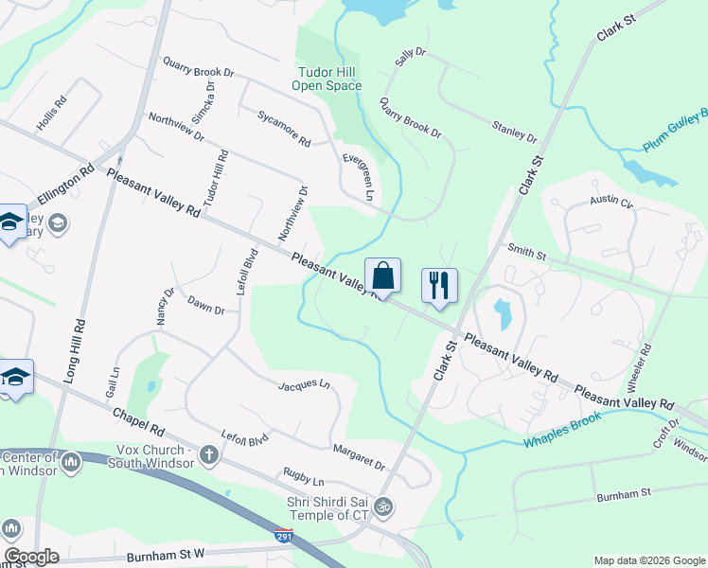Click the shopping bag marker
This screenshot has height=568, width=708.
coord(382,276)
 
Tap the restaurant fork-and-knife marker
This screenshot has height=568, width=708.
coord(438,285)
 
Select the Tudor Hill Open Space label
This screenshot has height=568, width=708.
coord(329,79)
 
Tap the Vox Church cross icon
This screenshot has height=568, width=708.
coord(208,456)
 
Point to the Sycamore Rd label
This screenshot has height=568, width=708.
coord(284,129)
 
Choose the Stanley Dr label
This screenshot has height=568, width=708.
coord(514,130)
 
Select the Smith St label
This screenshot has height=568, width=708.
coord(527,253)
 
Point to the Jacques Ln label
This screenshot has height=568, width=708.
coord(304,385)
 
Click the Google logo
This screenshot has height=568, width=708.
coord(31,557)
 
